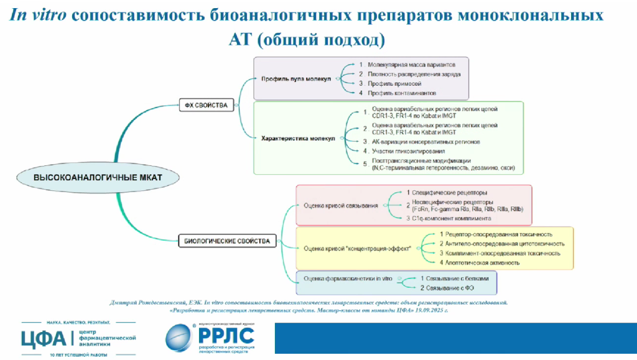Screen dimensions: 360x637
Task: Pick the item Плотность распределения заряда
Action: coord(414,74)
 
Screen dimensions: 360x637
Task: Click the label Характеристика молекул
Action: coord(298,138)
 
